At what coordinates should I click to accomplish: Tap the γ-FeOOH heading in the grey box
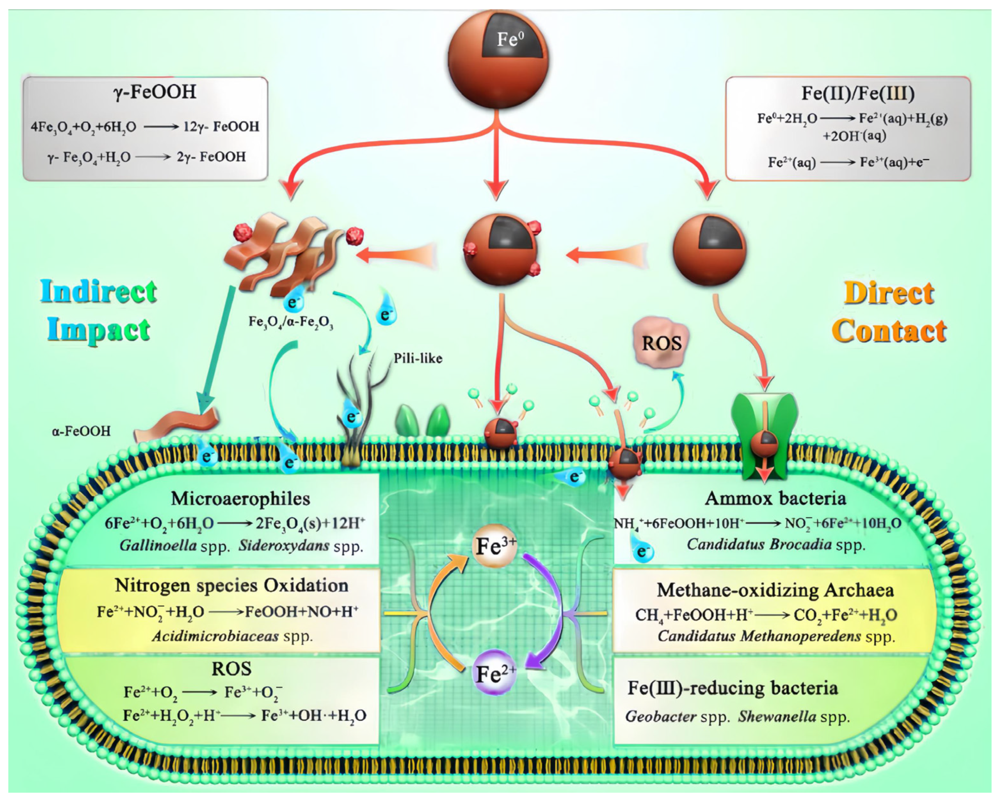(155, 92)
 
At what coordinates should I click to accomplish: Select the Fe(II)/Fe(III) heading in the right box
(857, 93)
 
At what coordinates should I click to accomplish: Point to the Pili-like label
(418, 358)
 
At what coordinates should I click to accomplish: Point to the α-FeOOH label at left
(81, 431)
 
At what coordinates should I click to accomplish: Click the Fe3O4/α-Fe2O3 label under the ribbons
(291, 322)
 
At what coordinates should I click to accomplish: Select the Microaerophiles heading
(240, 498)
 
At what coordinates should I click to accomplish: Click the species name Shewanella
(777, 716)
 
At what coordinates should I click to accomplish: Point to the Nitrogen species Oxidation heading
(231, 585)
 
